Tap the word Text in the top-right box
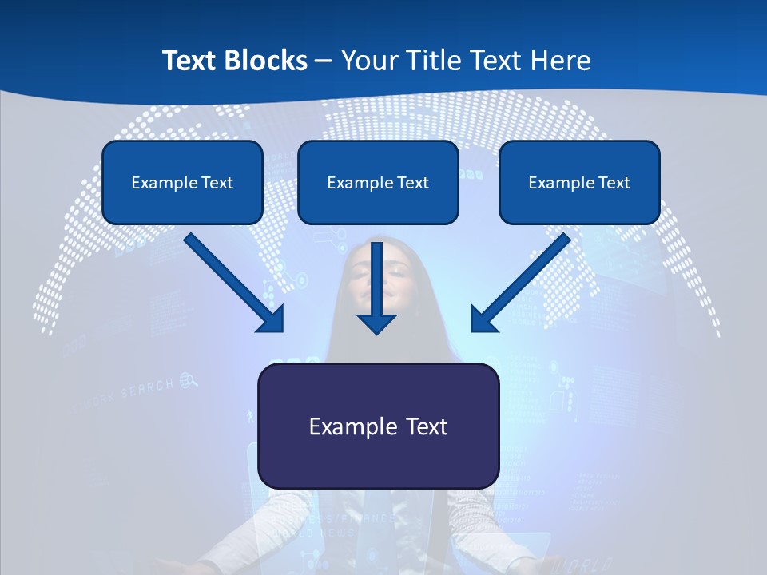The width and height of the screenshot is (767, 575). point(614,183)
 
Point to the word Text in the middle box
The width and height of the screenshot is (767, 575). point(413,183)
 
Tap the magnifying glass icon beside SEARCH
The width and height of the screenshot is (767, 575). point(189,380)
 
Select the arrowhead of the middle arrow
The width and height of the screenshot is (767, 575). point(376,323)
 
